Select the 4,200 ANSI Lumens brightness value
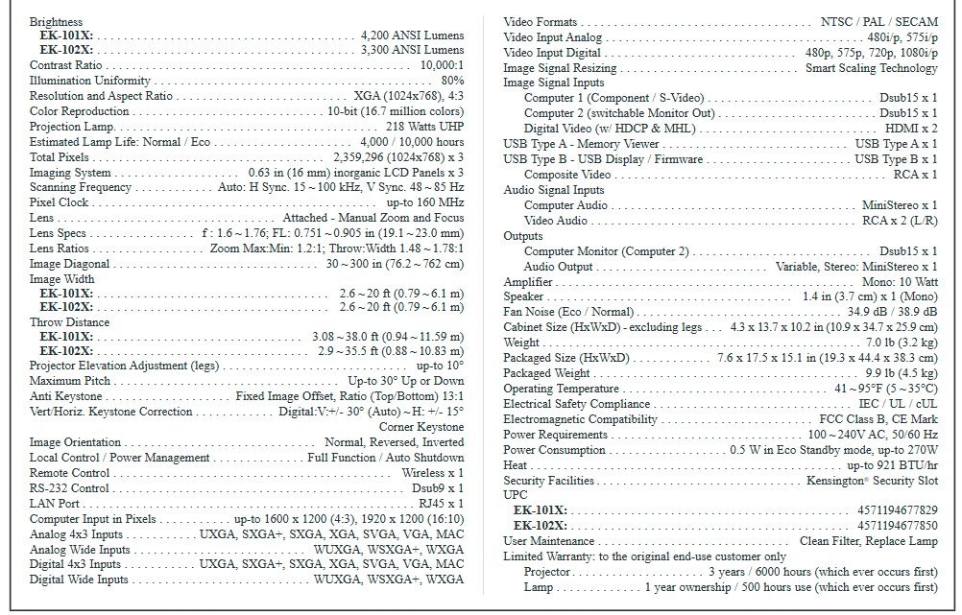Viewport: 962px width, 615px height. [412, 35]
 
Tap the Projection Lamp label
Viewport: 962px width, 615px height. [71, 127]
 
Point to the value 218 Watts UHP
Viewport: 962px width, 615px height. [424, 127]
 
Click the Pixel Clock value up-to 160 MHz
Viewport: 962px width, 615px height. [424, 202]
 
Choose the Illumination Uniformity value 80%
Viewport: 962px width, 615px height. [452, 81]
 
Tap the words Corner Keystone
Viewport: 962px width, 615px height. [421, 427]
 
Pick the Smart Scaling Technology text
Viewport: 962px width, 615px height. [871, 68]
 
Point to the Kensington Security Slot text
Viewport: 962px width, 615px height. [873, 480]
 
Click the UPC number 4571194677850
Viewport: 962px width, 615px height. [897, 526]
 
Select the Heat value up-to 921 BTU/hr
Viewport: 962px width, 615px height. [892, 465]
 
